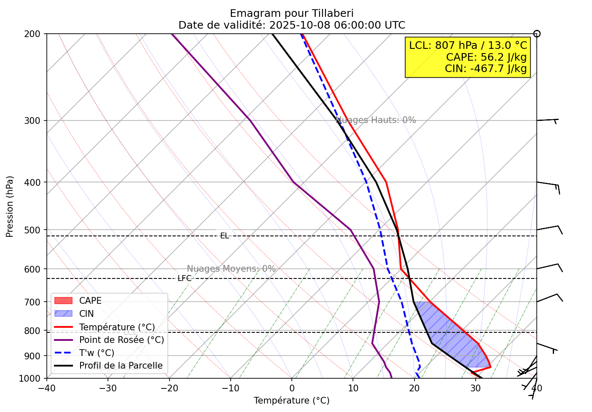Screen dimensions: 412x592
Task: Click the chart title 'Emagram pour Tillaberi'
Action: (291, 13)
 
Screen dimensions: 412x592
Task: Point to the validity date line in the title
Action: (291, 25)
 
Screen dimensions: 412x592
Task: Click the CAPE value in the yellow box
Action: (486, 57)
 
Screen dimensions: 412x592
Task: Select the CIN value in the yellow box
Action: (486, 68)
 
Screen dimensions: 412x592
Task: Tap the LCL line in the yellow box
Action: (468, 45)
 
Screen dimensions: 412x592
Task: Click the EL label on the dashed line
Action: (224, 236)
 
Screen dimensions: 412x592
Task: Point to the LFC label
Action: (184, 278)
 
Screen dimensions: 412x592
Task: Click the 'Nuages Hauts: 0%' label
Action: (376, 120)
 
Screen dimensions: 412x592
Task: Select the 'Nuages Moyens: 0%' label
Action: (231, 269)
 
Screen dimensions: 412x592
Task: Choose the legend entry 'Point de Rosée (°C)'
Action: (121, 340)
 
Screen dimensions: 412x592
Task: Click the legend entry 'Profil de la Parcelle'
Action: (121, 366)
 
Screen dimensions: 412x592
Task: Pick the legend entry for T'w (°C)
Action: (97, 353)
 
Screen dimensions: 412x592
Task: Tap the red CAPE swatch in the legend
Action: (64, 301)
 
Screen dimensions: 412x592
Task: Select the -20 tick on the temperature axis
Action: (169, 388)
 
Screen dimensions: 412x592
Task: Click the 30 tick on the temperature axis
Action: (476, 388)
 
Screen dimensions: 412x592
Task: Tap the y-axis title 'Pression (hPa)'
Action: (10, 206)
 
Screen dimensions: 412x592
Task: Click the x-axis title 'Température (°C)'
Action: (291, 401)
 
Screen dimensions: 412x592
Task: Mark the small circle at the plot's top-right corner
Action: (537, 34)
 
